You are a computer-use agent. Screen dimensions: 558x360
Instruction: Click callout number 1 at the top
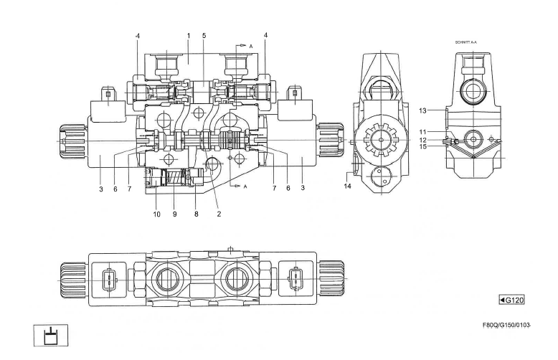[x=189, y=36]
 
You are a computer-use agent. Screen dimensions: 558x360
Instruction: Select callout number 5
[x=204, y=36]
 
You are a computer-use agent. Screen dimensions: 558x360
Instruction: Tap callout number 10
[x=156, y=214]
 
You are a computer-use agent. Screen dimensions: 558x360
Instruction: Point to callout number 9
[x=175, y=214]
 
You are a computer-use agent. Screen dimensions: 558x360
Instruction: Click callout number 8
[x=196, y=214]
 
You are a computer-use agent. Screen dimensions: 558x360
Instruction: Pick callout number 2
[x=219, y=214]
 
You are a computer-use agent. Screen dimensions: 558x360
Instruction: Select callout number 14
[x=347, y=186]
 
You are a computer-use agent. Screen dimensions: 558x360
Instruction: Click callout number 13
[x=422, y=110]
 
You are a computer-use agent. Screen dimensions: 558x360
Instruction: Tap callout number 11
[x=422, y=132]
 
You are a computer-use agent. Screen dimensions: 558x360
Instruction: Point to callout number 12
[x=422, y=140]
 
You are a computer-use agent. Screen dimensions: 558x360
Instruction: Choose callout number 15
[x=422, y=146]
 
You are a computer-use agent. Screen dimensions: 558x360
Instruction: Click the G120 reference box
[x=512, y=300]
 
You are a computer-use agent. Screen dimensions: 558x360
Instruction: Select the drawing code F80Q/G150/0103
[x=506, y=325]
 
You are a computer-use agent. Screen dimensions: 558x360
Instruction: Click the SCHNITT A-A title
[x=465, y=42]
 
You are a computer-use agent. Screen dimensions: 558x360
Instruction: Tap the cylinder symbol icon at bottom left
[x=50, y=335]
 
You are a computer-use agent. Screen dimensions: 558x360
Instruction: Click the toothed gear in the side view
[x=381, y=140]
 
